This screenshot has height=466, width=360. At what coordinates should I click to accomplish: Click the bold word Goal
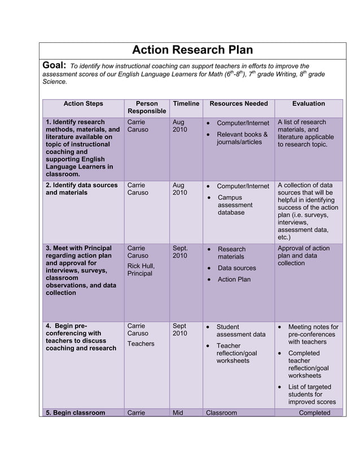[55, 66]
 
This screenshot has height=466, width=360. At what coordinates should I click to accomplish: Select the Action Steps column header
[83, 104]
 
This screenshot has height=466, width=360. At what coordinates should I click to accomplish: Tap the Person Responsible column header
[147, 108]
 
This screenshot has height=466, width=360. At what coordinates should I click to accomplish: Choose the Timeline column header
[186, 104]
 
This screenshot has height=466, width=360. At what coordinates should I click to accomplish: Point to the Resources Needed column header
[238, 104]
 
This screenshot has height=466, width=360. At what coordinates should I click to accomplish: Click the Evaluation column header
[308, 104]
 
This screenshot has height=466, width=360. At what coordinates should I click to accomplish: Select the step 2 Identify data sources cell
[82, 189]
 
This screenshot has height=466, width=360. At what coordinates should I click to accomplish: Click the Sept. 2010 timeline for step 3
[180, 252]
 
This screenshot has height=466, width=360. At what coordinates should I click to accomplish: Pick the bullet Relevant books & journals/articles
[242, 138]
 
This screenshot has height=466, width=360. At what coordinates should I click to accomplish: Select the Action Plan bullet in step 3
[234, 279]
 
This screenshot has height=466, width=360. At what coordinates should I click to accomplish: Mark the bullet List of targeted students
[309, 394]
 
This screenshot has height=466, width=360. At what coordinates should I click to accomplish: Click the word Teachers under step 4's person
[141, 344]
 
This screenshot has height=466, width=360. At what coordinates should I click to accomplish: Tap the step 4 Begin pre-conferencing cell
[81, 337]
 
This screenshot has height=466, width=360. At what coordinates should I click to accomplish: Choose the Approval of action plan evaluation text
[304, 256]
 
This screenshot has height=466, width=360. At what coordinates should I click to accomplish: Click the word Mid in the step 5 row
[178, 413]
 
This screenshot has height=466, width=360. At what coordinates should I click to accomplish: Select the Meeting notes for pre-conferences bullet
[313, 335]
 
